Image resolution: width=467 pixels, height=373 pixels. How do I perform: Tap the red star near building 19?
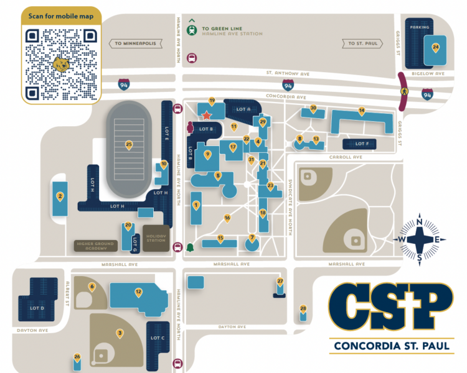206,115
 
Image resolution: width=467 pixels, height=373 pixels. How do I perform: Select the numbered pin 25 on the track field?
129,145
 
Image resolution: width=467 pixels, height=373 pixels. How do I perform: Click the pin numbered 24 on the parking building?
435,47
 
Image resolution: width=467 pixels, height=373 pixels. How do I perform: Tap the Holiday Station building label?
156,238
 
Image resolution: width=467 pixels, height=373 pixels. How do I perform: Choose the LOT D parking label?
37,308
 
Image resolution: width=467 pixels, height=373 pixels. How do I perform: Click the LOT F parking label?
362,144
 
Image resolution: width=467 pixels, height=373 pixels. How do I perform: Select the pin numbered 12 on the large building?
138,292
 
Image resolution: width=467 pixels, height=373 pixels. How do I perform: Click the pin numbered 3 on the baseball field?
120,333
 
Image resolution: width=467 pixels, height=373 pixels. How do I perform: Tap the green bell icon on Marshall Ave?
190,247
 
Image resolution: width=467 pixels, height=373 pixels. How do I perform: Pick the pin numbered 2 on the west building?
60,196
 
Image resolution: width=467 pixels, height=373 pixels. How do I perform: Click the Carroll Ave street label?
349,157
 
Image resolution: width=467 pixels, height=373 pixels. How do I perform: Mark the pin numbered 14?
361,111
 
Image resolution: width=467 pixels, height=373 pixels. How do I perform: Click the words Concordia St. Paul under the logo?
392,346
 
